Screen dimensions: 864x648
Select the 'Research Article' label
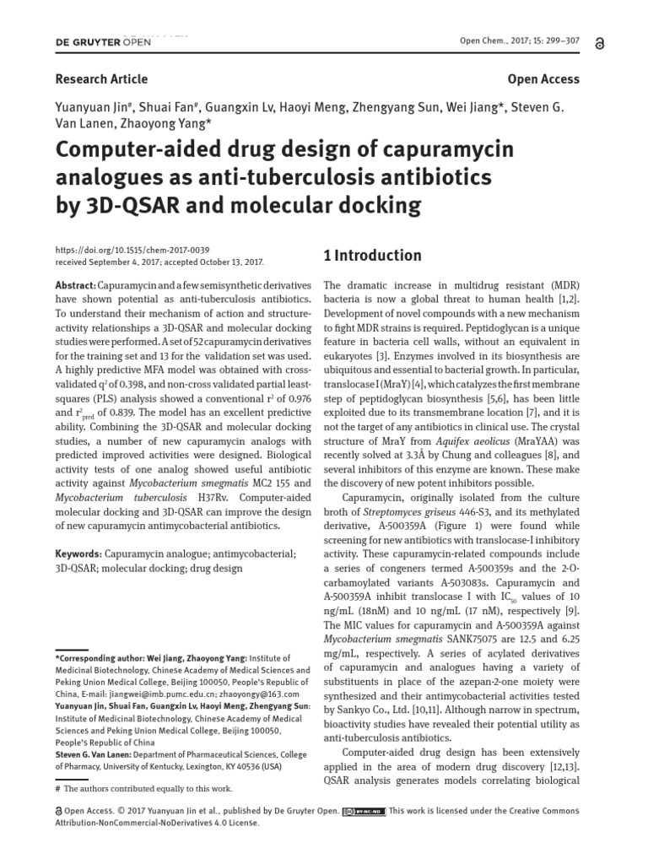click(x=101, y=78)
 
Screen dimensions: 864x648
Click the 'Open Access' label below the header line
click(x=543, y=78)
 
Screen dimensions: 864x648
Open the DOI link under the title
click(x=132, y=251)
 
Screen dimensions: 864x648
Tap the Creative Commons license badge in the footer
click(x=364, y=811)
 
